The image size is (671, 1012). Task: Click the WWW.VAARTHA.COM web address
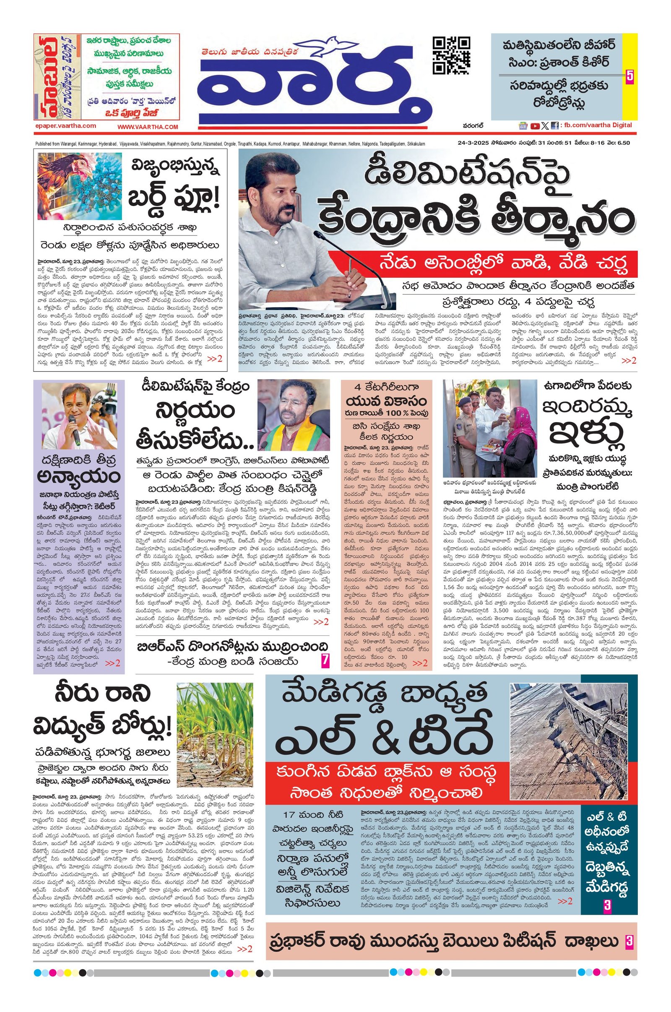148,127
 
